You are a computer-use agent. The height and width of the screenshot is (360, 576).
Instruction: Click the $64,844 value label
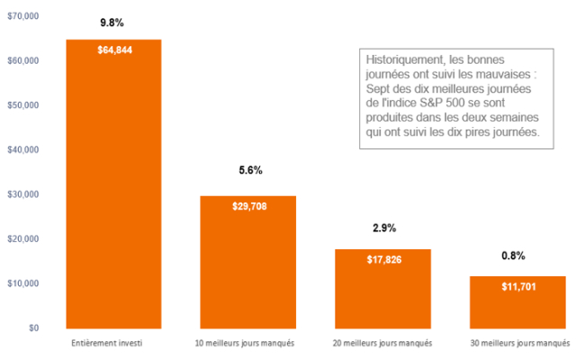(x=113, y=49)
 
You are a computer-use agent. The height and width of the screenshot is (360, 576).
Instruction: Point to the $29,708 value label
(x=249, y=206)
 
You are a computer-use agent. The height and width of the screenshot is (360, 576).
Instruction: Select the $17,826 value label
(x=383, y=260)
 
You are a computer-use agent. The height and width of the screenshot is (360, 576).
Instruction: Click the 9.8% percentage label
(x=112, y=22)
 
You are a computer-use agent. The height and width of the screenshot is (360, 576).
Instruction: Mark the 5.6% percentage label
(x=249, y=170)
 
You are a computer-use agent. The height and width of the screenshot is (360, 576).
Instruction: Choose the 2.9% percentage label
(x=383, y=229)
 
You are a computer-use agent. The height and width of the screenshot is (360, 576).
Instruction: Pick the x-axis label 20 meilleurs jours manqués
(x=382, y=344)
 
